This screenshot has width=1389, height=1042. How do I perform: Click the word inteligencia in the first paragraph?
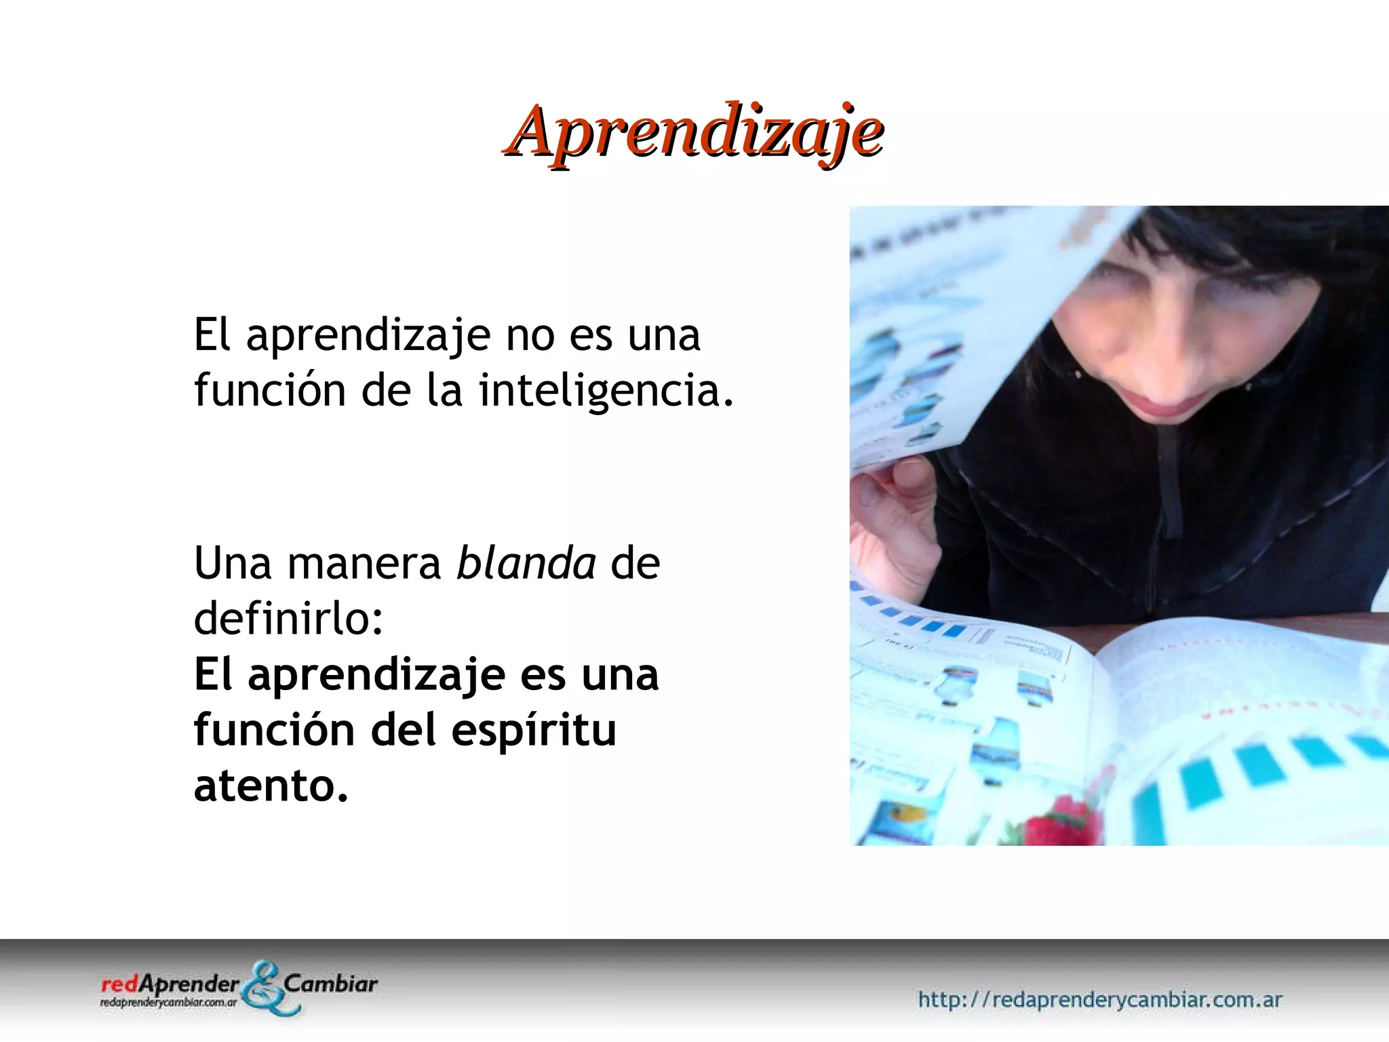pos(606,391)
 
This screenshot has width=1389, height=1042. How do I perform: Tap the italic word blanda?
pos(526,563)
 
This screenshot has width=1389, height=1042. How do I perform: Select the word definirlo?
pos(289,619)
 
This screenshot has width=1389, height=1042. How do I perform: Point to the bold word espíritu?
pos(533,730)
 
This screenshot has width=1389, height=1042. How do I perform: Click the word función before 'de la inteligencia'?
pos(270,391)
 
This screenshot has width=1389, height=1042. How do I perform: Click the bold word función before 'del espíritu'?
pos(274,730)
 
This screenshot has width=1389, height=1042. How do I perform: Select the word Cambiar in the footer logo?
pos(331,984)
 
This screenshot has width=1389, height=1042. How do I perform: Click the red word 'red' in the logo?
pos(119,984)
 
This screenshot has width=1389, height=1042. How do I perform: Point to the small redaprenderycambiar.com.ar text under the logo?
pos(168,1002)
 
